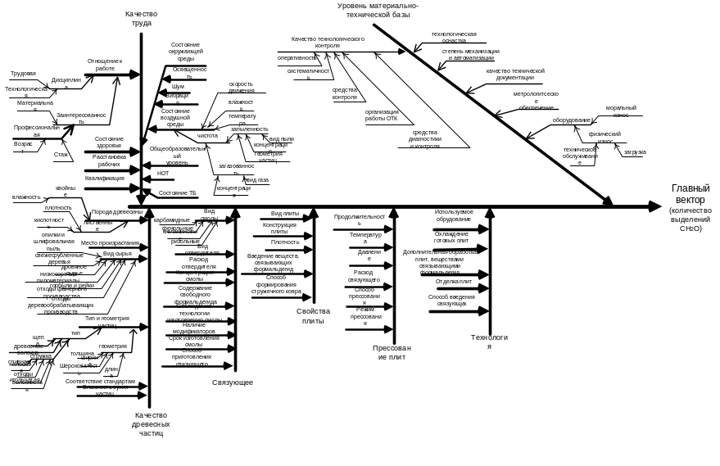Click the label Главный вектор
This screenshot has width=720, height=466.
(x=686, y=192)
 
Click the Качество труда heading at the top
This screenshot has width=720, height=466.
(x=141, y=20)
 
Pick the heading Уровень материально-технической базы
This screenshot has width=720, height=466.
(x=378, y=9)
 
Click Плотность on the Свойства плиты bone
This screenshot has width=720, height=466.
(x=283, y=242)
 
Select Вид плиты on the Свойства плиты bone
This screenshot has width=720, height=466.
(x=283, y=214)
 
